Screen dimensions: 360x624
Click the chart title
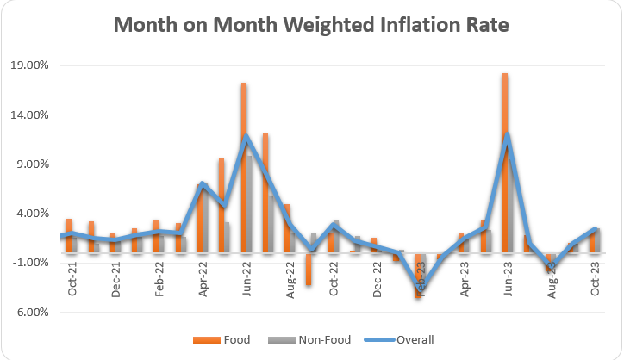(x=311, y=27)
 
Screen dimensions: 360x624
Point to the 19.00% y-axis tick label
(x=30, y=65)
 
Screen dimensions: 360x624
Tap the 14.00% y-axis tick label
(x=30, y=115)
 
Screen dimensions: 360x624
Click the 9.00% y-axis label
(x=33, y=164)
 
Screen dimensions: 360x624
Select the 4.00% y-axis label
(x=33, y=213)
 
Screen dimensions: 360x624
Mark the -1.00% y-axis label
(x=31, y=262)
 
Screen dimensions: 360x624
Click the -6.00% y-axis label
(x=31, y=312)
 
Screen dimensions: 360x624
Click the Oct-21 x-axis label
(x=72, y=279)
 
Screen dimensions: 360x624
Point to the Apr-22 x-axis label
(x=203, y=279)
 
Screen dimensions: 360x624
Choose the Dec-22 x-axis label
(x=378, y=279)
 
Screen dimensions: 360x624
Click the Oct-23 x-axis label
(x=596, y=279)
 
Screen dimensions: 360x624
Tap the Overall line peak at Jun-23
(x=509, y=135)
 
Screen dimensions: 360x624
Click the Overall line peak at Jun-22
(x=247, y=136)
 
